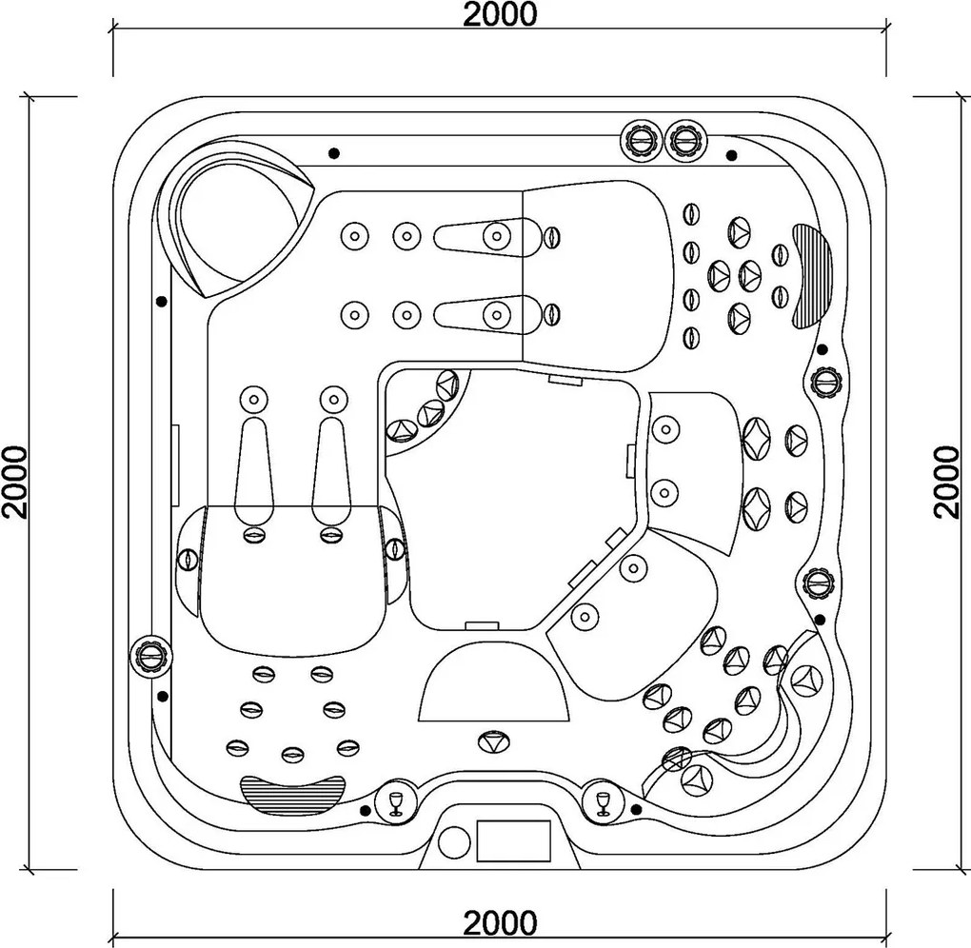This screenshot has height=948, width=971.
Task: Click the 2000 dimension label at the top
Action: tap(500, 14)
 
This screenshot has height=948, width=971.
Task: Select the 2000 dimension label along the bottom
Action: tap(500, 923)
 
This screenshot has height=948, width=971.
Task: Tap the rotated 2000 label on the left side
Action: tap(15, 482)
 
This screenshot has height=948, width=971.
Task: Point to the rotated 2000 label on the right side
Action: tap(946, 482)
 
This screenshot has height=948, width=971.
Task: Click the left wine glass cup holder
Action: tap(396, 802)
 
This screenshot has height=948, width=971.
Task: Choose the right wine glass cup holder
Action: tap(602, 802)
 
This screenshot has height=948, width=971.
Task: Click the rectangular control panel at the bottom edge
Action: tap(513, 840)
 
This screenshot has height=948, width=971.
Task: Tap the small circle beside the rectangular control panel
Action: tap(454, 842)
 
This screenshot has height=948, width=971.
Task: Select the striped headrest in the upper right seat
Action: tap(812, 275)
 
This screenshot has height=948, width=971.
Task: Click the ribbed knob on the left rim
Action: tap(149, 655)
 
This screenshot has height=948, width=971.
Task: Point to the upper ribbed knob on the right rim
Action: tap(826, 380)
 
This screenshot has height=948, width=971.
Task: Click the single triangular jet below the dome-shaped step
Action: tap(494, 741)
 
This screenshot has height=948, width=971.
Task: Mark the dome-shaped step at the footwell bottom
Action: tap(494, 681)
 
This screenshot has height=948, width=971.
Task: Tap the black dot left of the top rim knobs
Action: tap(334, 153)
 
